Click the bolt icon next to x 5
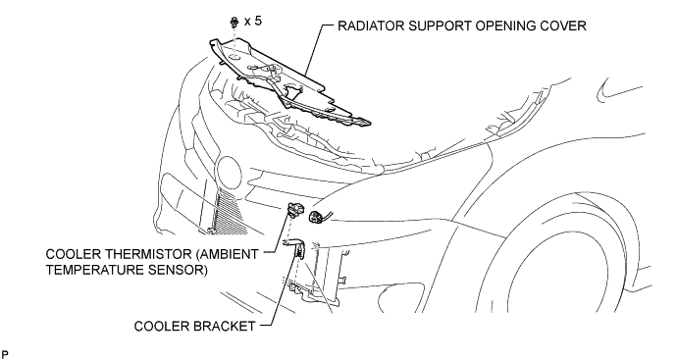(x=234, y=22)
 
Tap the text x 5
(x=253, y=21)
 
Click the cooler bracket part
(x=296, y=248)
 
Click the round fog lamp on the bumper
(x=229, y=173)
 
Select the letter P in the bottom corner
(x=5, y=355)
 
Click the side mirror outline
(x=617, y=90)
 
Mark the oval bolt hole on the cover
(x=234, y=57)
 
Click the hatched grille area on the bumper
(x=229, y=212)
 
